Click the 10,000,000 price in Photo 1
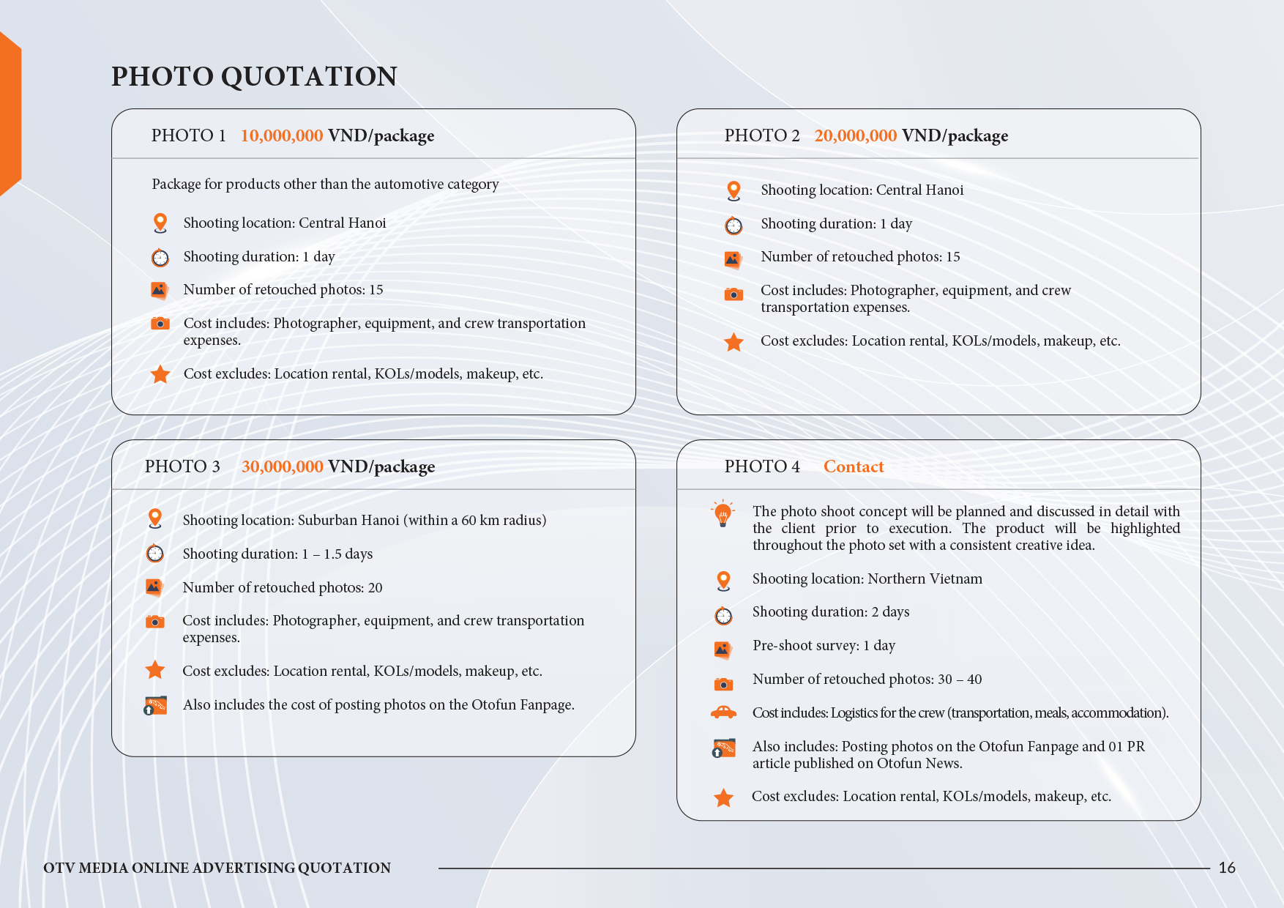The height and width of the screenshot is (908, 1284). (x=282, y=136)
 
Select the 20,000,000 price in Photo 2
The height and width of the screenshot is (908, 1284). (x=855, y=136)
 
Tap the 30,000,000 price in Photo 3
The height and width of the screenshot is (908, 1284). (x=283, y=467)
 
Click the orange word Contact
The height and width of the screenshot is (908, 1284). (x=854, y=467)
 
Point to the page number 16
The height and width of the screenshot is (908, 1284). (x=1227, y=868)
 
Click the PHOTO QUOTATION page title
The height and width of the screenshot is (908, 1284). (x=254, y=76)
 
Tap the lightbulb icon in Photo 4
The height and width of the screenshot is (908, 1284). (x=723, y=514)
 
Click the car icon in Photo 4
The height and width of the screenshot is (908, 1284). (x=723, y=712)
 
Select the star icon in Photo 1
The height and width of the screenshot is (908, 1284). (x=160, y=374)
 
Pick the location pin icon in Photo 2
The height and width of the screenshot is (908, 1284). (x=734, y=190)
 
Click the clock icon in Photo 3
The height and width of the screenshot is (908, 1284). (x=155, y=554)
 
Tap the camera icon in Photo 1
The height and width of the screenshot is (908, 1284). (x=160, y=324)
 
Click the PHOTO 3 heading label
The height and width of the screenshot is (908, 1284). (x=182, y=467)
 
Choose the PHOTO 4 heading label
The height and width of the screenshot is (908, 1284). (x=762, y=467)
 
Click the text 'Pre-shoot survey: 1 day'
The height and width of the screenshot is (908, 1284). (x=824, y=646)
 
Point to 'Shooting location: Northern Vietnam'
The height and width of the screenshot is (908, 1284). (x=867, y=579)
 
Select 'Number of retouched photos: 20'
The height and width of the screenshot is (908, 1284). (x=283, y=588)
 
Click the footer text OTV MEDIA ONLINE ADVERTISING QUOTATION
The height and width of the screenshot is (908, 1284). (x=217, y=868)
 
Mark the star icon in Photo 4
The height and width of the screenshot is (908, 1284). (x=723, y=797)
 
